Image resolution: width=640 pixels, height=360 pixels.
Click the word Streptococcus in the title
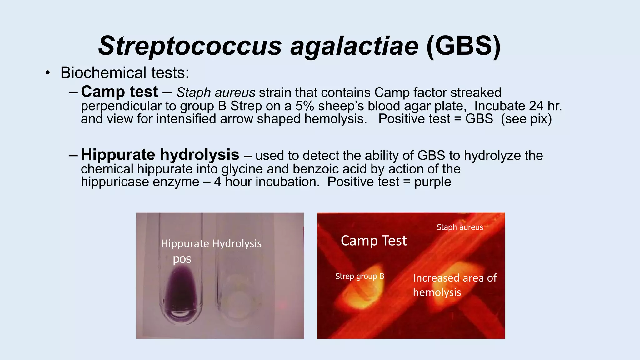click(190, 46)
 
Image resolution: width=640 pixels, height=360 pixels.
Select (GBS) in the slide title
click(463, 46)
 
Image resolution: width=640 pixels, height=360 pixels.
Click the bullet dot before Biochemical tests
click(47, 73)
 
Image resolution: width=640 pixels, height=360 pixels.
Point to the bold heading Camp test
click(119, 92)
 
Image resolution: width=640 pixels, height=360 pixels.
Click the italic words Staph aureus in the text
click(216, 93)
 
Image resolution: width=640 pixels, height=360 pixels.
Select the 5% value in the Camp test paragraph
click(305, 106)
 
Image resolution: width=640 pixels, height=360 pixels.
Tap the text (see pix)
click(526, 119)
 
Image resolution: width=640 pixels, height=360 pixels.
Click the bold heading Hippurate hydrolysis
click(160, 155)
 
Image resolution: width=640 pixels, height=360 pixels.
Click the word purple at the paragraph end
click(432, 182)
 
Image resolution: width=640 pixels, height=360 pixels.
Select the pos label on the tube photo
click(182, 259)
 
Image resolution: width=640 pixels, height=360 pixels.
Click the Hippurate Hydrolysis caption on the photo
click(211, 243)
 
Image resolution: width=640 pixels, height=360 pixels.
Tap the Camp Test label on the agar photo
click(374, 241)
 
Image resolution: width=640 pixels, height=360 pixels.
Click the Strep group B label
click(359, 276)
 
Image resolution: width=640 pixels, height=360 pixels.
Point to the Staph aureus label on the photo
click(460, 227)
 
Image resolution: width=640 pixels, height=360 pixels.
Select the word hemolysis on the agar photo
click(437, 292)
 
